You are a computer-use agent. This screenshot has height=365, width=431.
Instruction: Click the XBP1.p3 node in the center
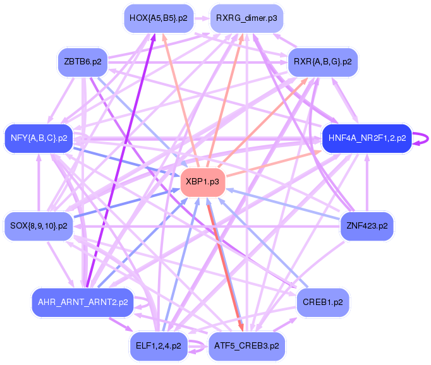coord(203,182)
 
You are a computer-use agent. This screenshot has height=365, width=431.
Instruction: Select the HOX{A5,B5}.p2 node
coord(158,18)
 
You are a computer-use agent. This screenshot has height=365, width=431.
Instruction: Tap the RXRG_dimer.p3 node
coord(246,18)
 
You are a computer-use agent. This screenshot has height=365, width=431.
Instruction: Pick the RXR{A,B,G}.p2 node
coord(322,61)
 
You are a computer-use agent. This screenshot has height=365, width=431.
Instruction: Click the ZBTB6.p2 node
coord(82,61)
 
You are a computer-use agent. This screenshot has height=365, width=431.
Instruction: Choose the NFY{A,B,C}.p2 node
coord(39,137)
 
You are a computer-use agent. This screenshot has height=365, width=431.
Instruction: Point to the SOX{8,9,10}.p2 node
coord(39,225)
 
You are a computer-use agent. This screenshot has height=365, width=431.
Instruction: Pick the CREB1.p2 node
coord(322,302)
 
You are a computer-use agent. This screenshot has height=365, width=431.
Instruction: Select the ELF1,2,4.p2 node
coord(158,345)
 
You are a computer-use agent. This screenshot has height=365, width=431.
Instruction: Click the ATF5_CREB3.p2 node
coord(246,345)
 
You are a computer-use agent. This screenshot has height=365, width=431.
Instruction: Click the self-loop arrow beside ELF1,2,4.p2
coord(197,345)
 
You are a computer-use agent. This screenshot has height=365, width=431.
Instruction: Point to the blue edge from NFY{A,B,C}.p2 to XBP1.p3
coord(126,160)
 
